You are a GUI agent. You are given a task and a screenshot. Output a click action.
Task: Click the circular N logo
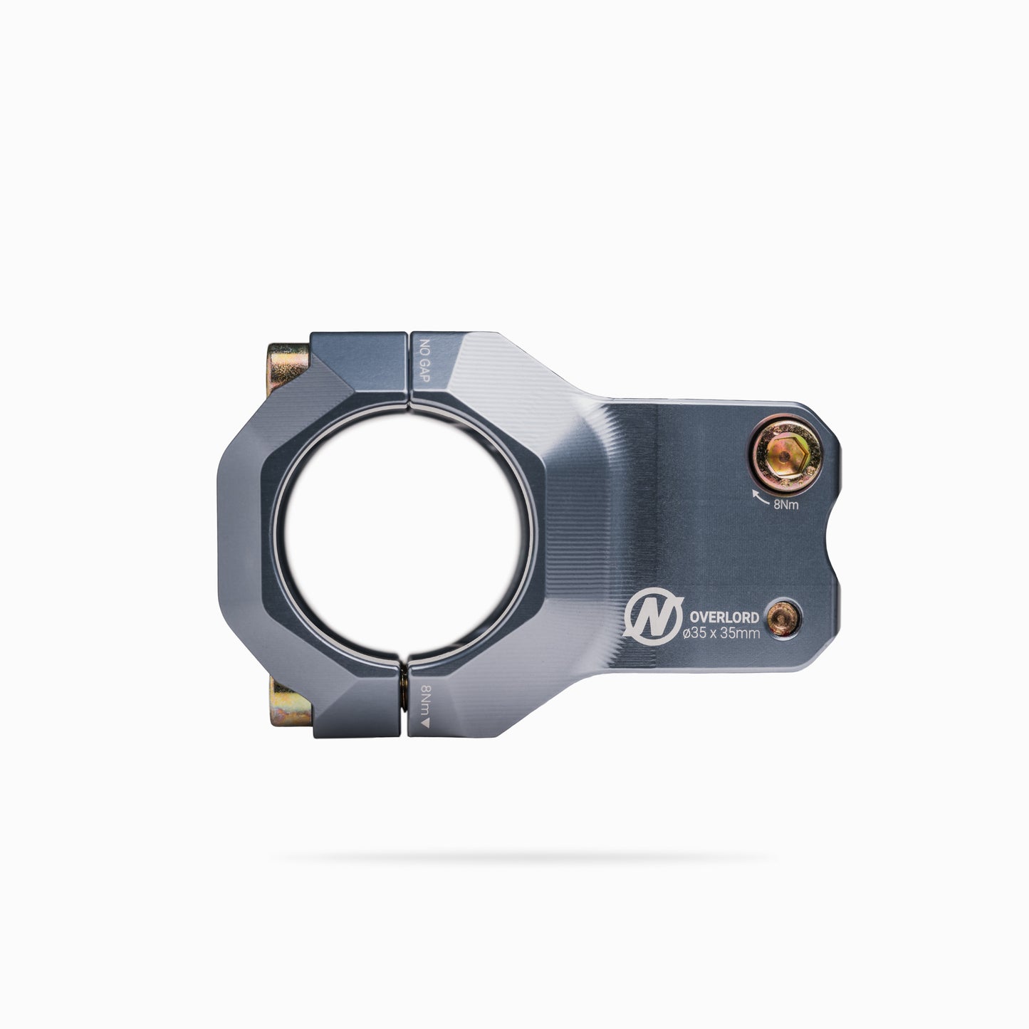(654, 617)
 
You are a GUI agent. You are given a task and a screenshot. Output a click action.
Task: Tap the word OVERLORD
(724, 617)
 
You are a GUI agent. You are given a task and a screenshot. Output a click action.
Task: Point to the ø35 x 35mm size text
(721, 634)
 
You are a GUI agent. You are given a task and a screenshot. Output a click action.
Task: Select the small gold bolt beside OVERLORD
(784, 618)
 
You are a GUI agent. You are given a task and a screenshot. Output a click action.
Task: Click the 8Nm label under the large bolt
(786, 505)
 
